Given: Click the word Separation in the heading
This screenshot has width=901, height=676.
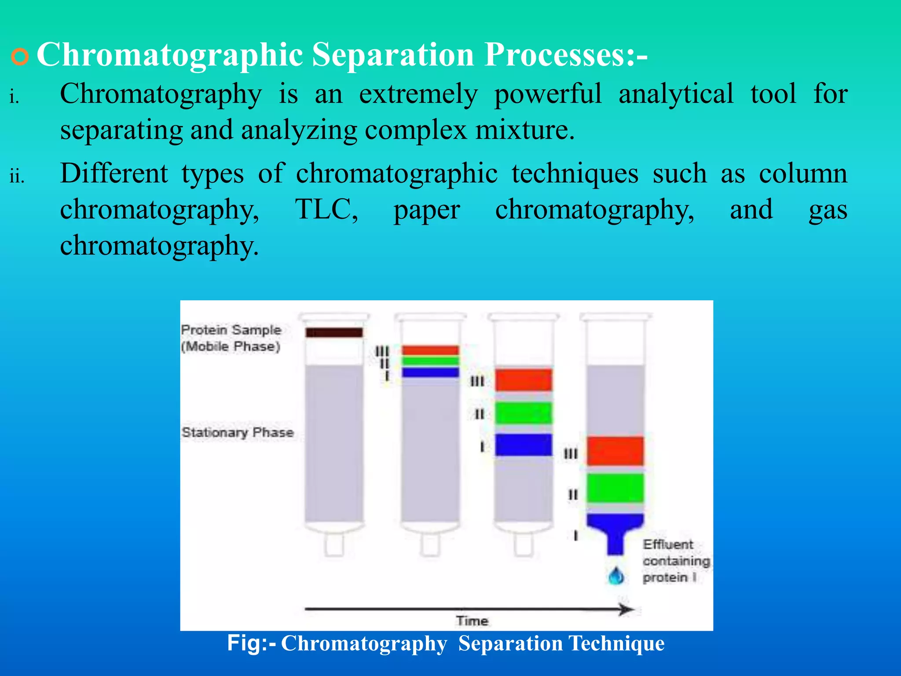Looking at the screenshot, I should [x=393, y=55].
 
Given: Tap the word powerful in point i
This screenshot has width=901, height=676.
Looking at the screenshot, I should [x=548, y=94].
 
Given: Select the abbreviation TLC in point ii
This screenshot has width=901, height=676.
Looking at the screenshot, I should [x=326, y=209].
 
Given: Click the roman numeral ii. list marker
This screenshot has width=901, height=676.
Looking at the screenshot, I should [x=17, y=176].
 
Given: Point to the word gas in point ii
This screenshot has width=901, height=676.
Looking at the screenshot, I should [x=828, y=210].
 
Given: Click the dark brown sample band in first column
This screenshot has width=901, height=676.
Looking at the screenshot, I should [x=334, y=332].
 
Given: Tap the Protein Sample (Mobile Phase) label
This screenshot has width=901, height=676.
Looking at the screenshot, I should [x=231, y=338].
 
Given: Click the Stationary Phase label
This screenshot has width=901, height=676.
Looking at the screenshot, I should [x=238, y=432].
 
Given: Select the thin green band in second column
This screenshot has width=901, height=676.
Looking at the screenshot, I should [x=430, y=361].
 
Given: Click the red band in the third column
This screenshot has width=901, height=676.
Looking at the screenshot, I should [x=523, y=380].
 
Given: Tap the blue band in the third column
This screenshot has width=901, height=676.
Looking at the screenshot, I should [x=523, y=445].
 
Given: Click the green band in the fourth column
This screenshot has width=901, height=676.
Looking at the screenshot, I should [x=615, y=488].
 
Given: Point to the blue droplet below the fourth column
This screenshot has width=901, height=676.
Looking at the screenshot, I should [x=616, y=576].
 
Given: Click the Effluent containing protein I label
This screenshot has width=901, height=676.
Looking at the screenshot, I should [x=676, y=561].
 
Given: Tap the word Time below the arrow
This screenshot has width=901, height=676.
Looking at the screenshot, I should [x=472, y=621].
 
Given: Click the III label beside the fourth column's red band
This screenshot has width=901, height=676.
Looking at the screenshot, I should [x=571, y=454].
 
